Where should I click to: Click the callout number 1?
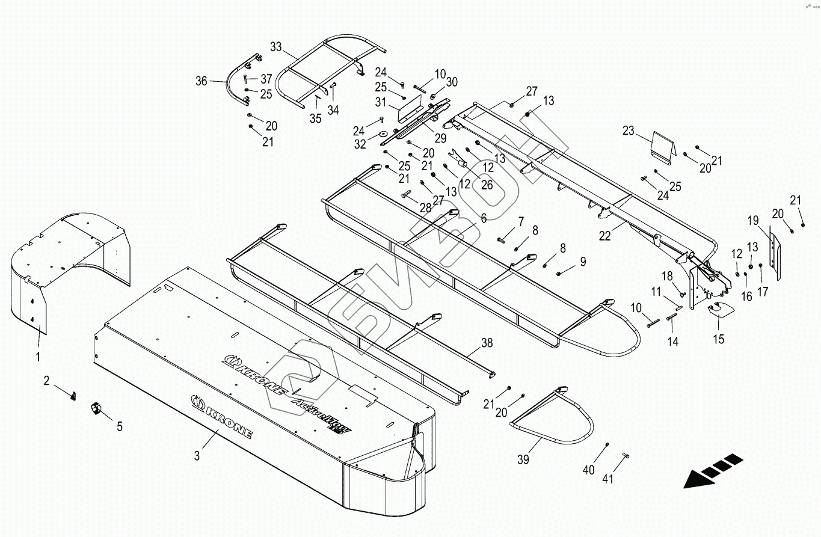[x=38, y=357]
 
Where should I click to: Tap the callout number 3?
[x=197, y=455]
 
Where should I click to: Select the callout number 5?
[x=119, y=426]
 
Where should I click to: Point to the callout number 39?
[x=523, y=459]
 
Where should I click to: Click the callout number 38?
[x=487, y=343]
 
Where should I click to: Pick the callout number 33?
[x=276, y=46]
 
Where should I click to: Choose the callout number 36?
[x=201, y=81]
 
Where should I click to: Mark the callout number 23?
[x=629, y=130]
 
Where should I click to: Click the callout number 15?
[x=719, y=339]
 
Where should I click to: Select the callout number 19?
[x=754, y=220]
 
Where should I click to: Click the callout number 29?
[x=440, y=138]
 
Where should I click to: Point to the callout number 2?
[x=46, y=380]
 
